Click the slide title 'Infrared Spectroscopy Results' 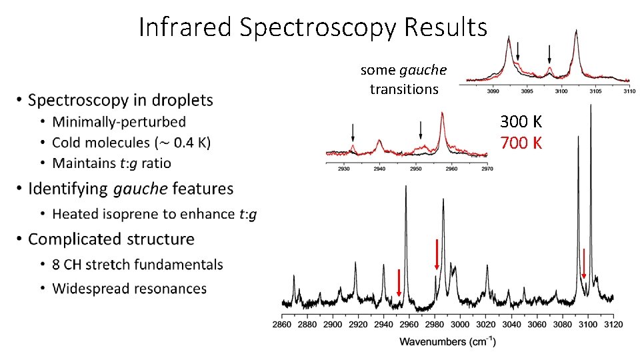coord(313,27)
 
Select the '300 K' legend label coord(521,122)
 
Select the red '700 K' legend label coord(521,143)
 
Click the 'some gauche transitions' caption coord(403,79)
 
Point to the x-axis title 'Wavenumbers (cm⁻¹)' coord(447,342)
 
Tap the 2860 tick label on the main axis coord(282,325)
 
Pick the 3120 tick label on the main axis coord(613,325)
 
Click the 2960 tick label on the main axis coord(409,325)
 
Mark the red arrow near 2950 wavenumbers coord(399,283)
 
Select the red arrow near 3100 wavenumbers coord(584,263)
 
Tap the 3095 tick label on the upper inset coord(527,91)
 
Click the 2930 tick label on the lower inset coord(344,169)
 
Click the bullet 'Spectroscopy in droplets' coord(120,100)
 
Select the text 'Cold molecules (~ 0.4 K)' coord(131,143)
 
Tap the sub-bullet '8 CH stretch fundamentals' coord(137,265)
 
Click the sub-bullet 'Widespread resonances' coord(129,289)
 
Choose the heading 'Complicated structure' coord(111,239)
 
